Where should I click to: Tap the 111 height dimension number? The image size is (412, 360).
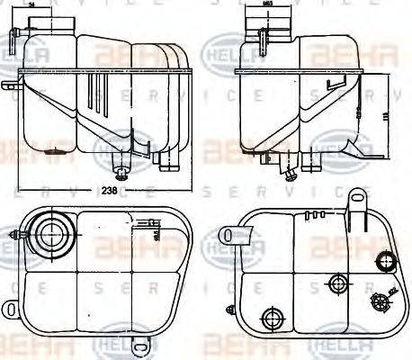coord(393,114)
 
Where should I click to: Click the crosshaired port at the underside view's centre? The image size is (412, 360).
coord(338,283)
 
